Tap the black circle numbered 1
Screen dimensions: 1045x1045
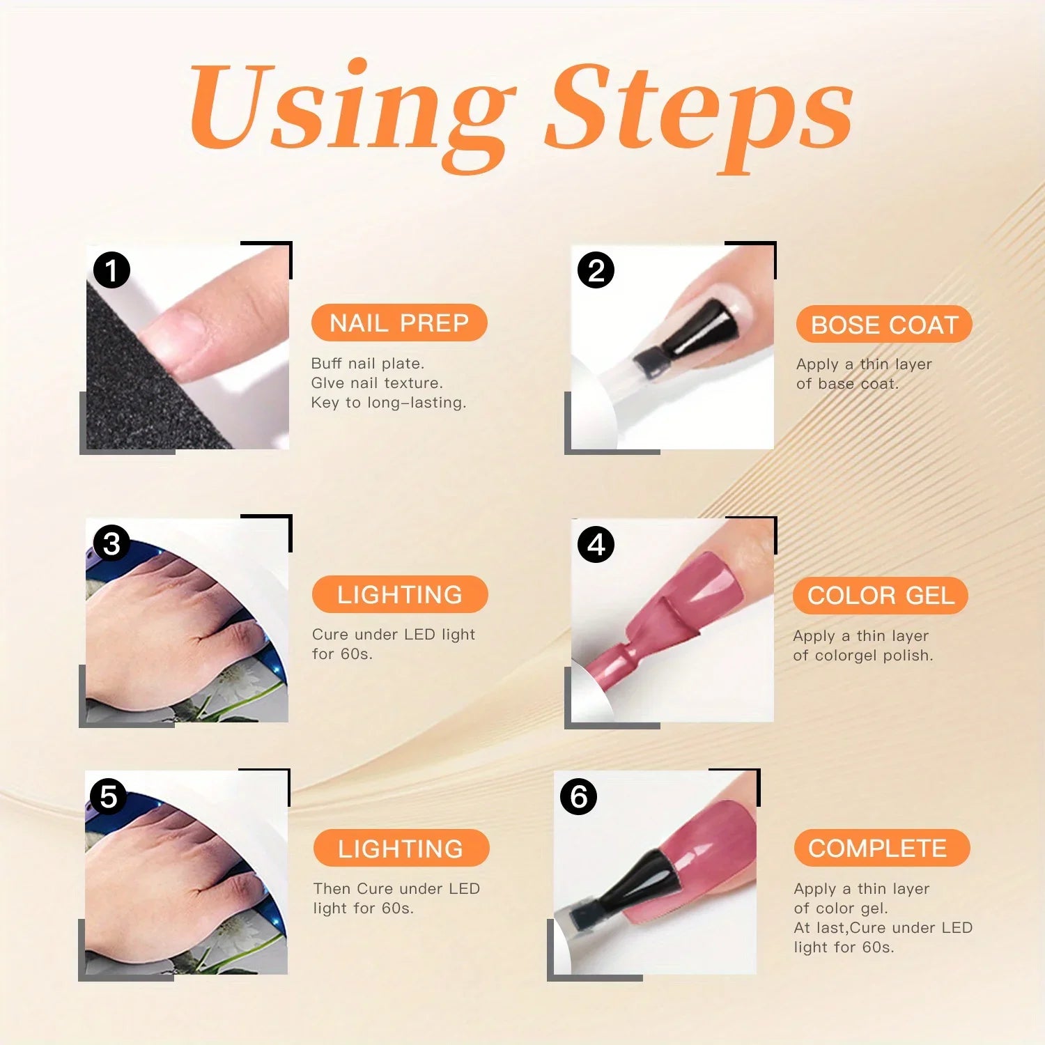click(111, 270)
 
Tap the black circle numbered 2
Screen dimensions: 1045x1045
click(596, 270)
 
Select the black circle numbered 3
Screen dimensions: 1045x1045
click(111, 543)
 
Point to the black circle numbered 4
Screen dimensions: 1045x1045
click(596, 544)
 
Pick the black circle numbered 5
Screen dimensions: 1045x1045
click(108, 796)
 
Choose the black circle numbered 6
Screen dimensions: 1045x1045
click(578, 796)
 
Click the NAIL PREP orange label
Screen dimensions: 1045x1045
click(399, 323)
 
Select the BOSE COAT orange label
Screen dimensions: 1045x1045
click(884, 325)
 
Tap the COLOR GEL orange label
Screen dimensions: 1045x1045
click(881, 596)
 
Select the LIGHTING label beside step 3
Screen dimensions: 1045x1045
click(400, 594)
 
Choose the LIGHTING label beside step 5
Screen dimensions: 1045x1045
click(401, 849)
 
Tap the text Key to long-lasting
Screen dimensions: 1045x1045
click(388, 403)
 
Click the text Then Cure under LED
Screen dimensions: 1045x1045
click(396, 888)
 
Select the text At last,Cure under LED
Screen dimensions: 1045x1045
click(883, 927)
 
